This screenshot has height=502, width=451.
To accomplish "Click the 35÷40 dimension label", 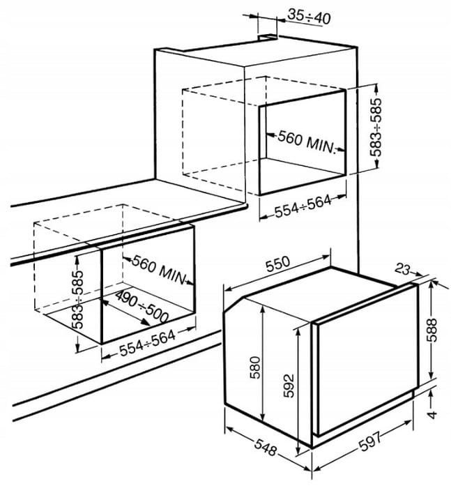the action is coord(309,17).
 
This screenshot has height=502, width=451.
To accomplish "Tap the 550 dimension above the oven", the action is coord(278,264).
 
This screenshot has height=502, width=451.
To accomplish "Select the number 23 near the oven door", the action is coord(402,269).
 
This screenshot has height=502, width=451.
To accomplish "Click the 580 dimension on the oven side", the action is coord(255,367).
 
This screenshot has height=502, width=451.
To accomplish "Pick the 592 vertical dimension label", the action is coord(289,386).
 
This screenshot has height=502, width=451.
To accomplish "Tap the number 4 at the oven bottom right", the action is coord(432,415).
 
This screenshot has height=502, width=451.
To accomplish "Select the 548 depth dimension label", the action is coord(266,447).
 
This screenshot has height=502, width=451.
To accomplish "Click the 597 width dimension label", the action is coord(370,442).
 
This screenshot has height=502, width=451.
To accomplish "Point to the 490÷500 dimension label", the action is coord(142,307).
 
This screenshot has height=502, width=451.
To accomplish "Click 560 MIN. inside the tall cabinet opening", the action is coord(306,142).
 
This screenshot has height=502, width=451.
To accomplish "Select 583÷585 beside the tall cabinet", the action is coord(376,127).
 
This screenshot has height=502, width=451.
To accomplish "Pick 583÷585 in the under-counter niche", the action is coord(77,300).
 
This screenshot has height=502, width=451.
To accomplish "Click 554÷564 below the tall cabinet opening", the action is coord(303,206).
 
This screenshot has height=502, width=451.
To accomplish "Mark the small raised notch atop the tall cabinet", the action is coord(268,38).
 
